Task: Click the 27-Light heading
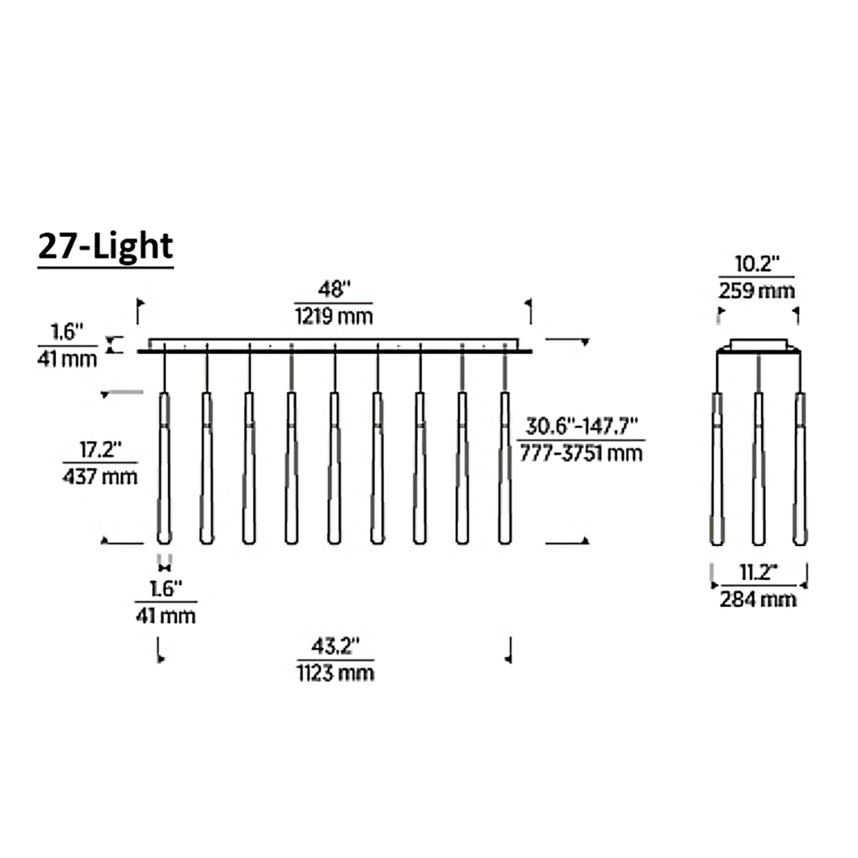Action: (105, 247)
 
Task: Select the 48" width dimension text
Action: (334, 289)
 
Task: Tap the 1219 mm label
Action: (334, 316)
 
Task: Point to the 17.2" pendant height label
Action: (100, 449)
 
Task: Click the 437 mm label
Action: (100, 476)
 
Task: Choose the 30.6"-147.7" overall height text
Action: (582, 427)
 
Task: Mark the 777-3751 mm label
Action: (581, 453)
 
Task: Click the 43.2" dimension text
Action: (335, 646)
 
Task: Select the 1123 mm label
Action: (335, 672)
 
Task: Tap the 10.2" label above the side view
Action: (756, 264)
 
